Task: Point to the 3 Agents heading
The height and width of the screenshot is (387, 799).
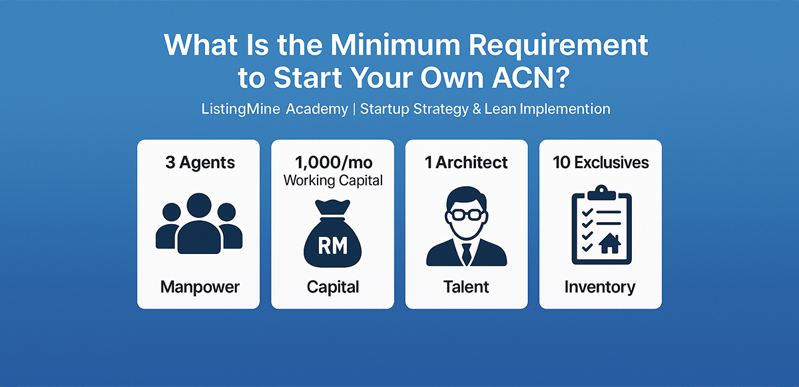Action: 199,163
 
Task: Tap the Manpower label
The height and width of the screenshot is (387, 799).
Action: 199,287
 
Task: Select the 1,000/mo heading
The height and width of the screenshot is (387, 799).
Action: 333,163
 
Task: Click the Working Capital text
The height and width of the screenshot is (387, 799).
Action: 333,180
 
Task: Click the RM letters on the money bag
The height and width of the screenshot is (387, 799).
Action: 333,246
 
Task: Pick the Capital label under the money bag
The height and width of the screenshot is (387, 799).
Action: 333,287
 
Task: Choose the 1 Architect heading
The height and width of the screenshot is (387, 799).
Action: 466,163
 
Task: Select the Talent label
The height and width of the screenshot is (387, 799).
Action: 466,287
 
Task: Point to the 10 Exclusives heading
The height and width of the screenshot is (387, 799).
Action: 600,163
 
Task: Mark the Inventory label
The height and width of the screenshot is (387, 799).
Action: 600,287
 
